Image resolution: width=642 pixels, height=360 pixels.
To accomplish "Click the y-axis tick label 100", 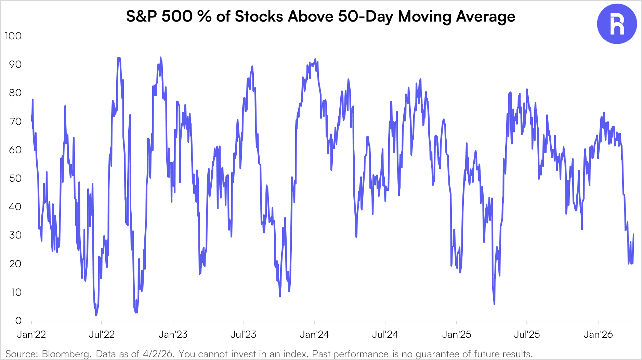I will [13, 36].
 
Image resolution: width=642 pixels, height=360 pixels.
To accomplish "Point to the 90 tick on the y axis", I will [15, 64].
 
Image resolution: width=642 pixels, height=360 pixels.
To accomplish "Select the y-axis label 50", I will [15, 178].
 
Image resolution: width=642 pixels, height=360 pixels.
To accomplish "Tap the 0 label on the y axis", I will [18, 321].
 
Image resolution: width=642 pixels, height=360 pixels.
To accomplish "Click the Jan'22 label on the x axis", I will [31, 334].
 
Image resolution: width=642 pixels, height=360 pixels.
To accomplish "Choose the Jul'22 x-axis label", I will [102, 334].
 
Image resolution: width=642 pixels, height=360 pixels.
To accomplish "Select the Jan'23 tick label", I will [173, 334].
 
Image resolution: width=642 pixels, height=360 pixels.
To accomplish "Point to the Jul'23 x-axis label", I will [243, 334].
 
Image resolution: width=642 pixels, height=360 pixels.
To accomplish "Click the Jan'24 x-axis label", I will [314, 334].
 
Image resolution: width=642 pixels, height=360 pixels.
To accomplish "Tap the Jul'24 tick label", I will [385, 334].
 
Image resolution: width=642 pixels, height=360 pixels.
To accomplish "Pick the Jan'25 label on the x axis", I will [457, 334].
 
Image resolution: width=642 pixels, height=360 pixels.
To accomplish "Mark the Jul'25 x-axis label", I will [527, 334].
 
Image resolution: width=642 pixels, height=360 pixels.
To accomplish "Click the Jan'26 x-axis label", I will [598, 334].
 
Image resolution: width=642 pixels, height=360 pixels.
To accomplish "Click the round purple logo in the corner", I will [617, 24].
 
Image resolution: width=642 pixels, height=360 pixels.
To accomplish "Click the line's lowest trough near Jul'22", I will [96, 315].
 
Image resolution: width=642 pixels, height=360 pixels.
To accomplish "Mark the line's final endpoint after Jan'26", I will [633, 234].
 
